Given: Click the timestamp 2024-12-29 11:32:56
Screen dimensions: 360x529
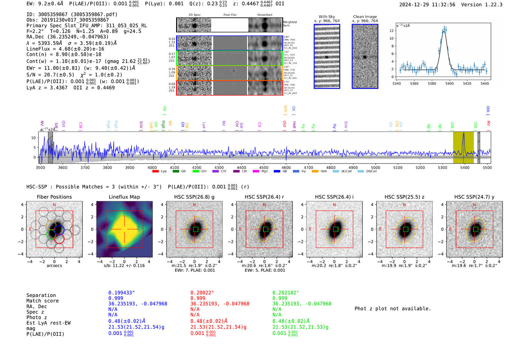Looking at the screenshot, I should (x=427, y=5).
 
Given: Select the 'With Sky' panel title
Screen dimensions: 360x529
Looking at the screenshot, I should (x=326, y=17).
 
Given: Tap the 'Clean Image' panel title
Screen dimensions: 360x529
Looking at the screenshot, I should (x=365, y=17).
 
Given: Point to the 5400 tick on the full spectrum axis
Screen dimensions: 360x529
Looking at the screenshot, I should (x=465, y=167).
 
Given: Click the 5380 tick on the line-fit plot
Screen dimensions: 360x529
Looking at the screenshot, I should (x=432, y=83).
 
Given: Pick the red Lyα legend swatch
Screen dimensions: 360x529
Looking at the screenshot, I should (x=155, y=172).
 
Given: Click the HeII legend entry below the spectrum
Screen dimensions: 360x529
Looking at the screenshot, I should (x=315, y=172).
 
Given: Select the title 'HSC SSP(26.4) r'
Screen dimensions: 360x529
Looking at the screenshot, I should (x=264, y=197).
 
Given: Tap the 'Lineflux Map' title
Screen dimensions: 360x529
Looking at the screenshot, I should (x=124, y=197).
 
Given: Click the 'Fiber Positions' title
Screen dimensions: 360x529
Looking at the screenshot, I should (x=54, y=197).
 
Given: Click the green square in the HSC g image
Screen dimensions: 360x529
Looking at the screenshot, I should (x=195, y=229).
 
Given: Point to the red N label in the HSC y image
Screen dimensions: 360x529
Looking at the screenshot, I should (x=475, y=205).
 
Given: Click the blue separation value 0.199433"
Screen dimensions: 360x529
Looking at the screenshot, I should (x=121, y=293).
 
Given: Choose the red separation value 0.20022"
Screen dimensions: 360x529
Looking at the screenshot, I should (x=202, y=293).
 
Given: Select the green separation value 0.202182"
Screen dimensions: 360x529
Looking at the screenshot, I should (x=286, y=293).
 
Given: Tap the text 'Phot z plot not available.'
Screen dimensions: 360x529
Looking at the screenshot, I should (x=393, y=309).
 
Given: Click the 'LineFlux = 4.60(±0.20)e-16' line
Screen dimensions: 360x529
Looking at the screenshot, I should (x=65, y=49).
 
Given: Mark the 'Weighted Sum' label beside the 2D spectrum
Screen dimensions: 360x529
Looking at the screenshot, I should (x=289, y=24).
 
